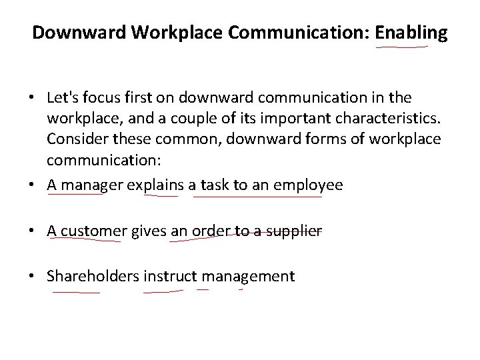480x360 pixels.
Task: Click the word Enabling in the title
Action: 411,33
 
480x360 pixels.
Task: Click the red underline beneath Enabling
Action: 402,47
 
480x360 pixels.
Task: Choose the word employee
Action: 311,185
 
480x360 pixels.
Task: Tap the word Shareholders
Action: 93,276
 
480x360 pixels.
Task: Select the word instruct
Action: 170,276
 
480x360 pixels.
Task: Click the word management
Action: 248,276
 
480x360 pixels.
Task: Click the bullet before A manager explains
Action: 34,186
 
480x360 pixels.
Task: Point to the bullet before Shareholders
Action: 34,277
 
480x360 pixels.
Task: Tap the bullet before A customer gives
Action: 34,231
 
